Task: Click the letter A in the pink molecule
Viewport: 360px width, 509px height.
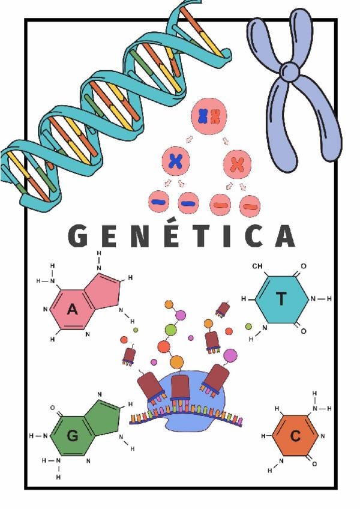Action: click(73, 310)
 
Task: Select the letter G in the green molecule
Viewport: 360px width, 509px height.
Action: click(73, 436)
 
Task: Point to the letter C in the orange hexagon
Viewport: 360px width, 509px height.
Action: click(295, 436)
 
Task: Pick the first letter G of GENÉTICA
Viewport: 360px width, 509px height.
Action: click(79, 236)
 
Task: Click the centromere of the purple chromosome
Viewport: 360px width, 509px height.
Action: click(290, 71)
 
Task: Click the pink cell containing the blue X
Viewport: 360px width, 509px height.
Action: click(176, 160)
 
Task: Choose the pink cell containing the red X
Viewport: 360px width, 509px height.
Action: click(238, 162)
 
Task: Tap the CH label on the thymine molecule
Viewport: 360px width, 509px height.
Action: click(257, 266)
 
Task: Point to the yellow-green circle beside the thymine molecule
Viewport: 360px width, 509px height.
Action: click(248, 327)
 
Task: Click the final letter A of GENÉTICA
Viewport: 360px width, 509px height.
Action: click(284, 236)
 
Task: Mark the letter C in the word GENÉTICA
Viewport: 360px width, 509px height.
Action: click(253, 236)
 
